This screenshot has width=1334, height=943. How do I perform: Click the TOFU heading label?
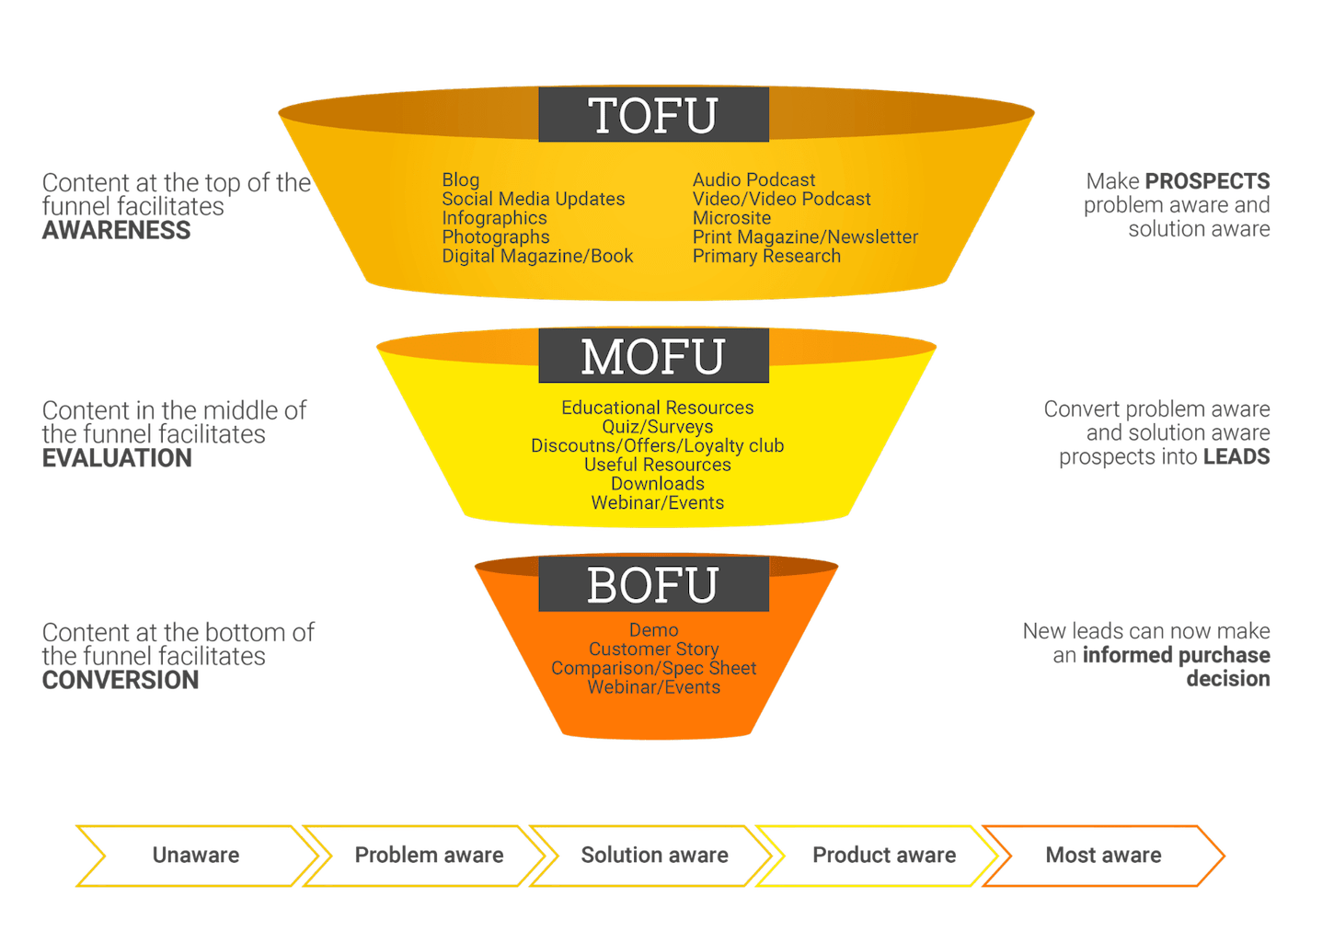[653, 114]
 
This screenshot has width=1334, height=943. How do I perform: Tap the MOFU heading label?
[653, 355]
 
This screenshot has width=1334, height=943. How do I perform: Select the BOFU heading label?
[653, 584]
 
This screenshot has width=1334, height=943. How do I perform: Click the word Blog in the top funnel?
[460, 180]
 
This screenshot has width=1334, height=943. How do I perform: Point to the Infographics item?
[494, 218]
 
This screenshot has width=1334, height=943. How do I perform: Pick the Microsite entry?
[731, 217]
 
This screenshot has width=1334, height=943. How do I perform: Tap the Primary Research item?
[766, 256]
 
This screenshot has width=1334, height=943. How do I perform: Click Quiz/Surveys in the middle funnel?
[658, 427]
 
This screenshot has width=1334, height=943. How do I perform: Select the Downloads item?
[658, 483]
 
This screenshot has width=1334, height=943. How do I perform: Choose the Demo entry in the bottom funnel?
[654, 629]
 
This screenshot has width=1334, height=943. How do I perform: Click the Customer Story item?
[654, 649]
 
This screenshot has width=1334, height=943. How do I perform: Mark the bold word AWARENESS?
[116, 230]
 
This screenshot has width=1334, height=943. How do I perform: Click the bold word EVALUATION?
[117, 458]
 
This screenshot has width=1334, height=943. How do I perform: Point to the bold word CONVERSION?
[121, 680]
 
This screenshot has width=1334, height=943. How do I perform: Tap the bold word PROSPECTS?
[1208, 181]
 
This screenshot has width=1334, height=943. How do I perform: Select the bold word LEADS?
[1236, 457]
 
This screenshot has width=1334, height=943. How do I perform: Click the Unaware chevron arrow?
[197, 856]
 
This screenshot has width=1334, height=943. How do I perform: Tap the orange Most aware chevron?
[1103, 856]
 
